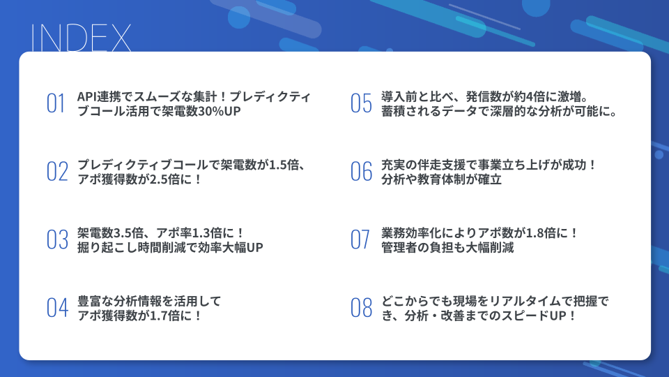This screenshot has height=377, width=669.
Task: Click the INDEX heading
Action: [x=80, y=38]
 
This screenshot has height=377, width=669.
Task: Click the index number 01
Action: [x=56, y=103]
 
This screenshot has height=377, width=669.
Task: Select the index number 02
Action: [x=57, y=172]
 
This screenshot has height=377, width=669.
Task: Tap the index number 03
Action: [x=57, y=239]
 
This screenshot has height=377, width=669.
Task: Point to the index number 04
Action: [x=57, y=308]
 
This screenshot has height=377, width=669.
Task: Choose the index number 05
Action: [x=361, y=103]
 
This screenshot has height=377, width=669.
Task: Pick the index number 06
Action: [x=361, y=172]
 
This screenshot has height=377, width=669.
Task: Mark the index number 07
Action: [x=360, y=239]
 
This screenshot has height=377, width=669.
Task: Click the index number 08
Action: [x=361, y=308]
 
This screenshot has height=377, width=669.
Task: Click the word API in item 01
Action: [x=86, y=96]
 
